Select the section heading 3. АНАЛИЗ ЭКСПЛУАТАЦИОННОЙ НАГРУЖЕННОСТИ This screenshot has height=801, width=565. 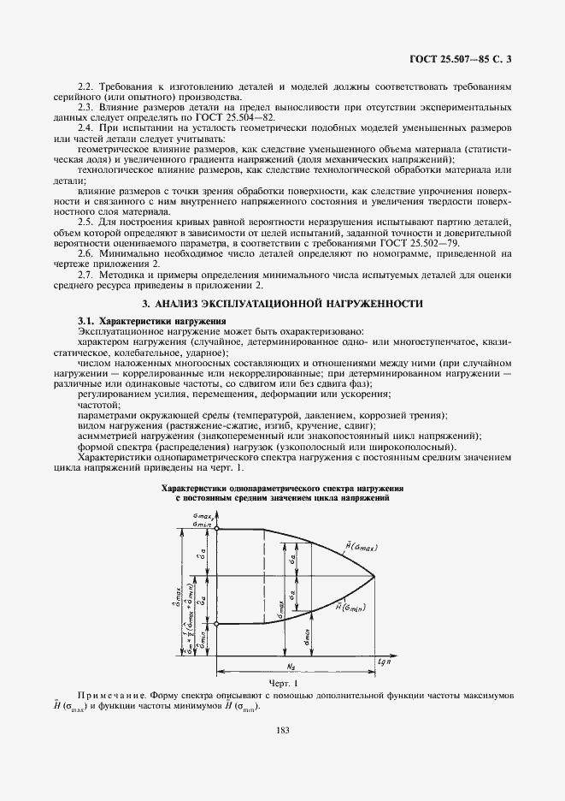click(x=282, y=304)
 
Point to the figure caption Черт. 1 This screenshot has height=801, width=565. click(x=282, y=684)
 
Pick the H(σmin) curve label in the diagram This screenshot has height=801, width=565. click(x=350, y=608)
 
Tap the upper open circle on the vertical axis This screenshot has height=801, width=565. click(x=217, y=530)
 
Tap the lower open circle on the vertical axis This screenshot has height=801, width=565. click(x=217, y=624)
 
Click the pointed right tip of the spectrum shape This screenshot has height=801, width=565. click(x=374, y=577)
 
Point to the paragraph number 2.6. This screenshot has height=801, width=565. click(x=86, y=254)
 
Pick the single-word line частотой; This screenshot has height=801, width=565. click(x=99, y=404)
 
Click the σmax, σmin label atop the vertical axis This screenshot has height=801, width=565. click(x=203, y=519)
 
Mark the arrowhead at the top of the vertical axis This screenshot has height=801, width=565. click(x=217, y=513)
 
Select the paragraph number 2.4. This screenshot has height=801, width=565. click(x=86, y=126)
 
